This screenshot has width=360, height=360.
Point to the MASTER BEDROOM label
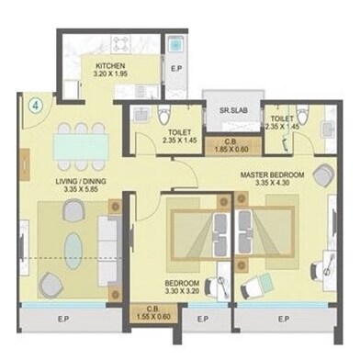[274, 174]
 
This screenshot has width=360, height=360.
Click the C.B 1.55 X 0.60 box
[150, 314]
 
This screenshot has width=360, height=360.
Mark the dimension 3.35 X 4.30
[274, 184]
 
